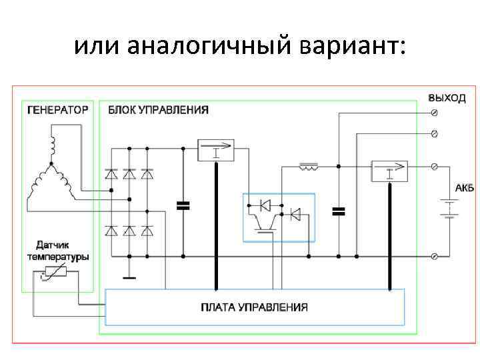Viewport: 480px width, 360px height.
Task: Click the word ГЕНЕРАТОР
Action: pos(57,110)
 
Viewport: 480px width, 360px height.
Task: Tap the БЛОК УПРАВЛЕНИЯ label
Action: pos(158,110)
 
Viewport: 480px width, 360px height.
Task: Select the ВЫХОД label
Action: pos(447,97)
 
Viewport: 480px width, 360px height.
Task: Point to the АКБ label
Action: pos(465,188)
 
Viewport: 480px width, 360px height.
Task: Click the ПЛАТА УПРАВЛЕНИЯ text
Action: pos(255,307)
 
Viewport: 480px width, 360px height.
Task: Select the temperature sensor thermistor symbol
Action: pos(53,273)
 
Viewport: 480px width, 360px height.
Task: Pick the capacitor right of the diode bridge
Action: pos(183,205)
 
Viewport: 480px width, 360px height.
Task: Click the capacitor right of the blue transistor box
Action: pos(339,211)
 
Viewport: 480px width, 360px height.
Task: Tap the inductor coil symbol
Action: pos(309,165)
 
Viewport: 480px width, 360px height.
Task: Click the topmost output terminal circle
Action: pos(435,112)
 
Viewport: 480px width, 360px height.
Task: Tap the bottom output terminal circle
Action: pos(435,256)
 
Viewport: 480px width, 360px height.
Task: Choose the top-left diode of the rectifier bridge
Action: pos(111,173)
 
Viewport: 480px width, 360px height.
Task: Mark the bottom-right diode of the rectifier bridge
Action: pos(147,231)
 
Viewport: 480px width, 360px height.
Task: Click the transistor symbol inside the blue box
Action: pos(267,223)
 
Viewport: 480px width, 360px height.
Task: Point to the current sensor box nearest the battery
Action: pos(389,171)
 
